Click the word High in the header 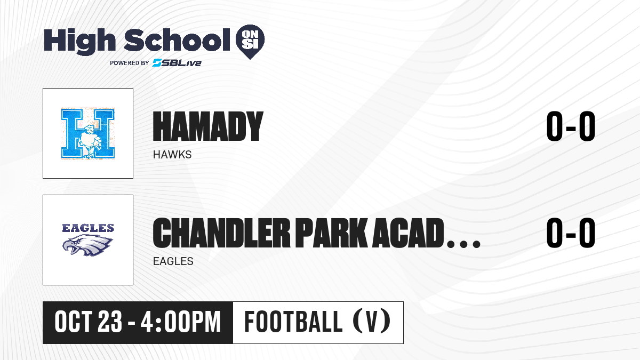click(x=79, y=41)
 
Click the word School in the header click(x=177, y=40)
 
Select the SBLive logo click(x=177, y=62)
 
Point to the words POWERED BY click(x=130, y=63)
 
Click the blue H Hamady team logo click(x=88, y=133)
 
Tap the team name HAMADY click(x=208, y=126)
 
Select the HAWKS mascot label click(x=172, y=155)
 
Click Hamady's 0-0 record click(x=571, y=126)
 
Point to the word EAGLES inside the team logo click(x=88, y=228)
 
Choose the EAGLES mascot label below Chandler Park click(x=173, y=261)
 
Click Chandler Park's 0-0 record click(x=571, y=233)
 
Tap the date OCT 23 click(x=89, y=322)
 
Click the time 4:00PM click(x=181, y=322)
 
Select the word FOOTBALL click(x=293, y=322)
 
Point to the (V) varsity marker click(x=372, y=322)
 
